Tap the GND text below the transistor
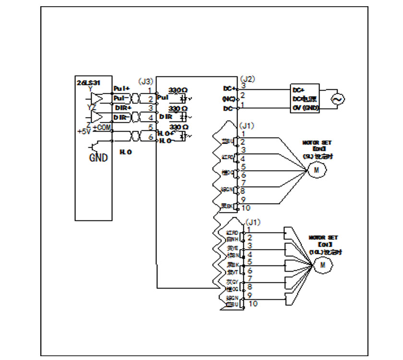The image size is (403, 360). click(98, 157)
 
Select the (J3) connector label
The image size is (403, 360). click(145, 82)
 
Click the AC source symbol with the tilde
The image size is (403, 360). click(337, 99)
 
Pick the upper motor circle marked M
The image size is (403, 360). click(316, 170)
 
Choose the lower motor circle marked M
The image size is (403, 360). click(322, 264)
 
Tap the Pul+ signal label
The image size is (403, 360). click(121, 89)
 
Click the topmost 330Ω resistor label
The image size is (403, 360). click(178, 90)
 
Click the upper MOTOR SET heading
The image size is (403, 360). click(317, 143)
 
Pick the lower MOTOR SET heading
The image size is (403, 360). click(323, 238)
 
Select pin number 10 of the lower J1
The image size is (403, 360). click(253, 303)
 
